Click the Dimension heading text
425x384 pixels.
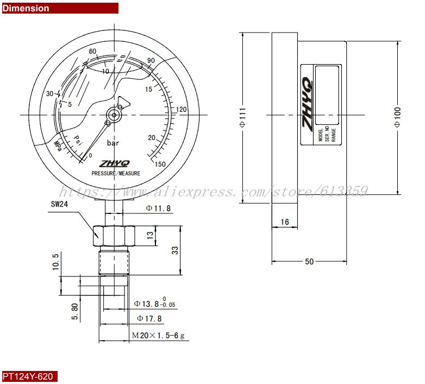26,8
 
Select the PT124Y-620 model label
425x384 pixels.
29,376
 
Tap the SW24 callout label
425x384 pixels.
58,204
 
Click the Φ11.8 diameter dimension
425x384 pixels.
159,208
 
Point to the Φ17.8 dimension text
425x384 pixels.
149,318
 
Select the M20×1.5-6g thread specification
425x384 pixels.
159,336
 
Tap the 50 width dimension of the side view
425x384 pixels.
309,262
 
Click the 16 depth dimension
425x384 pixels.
284,222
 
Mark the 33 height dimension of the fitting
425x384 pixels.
175,250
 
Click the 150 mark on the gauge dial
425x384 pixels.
160,164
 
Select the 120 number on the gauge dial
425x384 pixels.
182,110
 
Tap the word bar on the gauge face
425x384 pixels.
113,143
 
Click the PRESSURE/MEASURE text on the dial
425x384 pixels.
116,173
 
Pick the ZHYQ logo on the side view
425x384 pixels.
307,103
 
